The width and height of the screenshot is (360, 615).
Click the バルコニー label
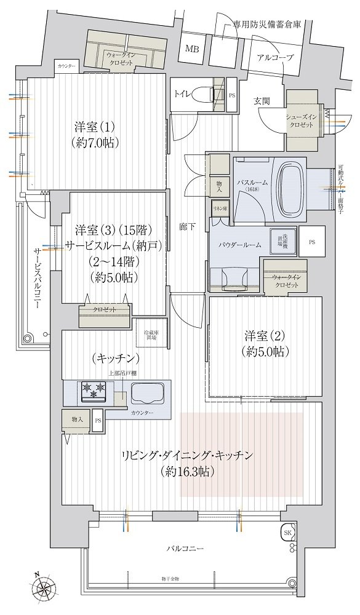tap(184, 548)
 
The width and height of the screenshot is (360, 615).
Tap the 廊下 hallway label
tap(188, 227)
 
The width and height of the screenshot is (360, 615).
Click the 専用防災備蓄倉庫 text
tap(267, 26)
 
